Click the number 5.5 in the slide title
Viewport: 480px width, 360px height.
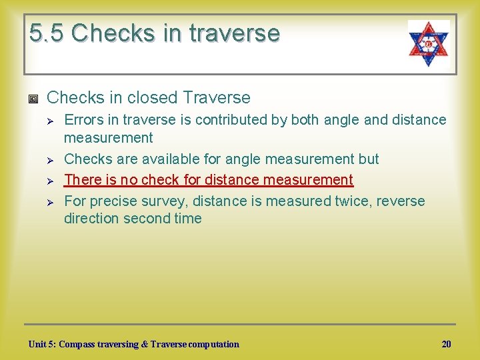coord(46,33)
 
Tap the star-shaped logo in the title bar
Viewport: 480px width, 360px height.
coord(429,43)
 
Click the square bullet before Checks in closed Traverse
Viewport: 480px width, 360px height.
coord(34,99)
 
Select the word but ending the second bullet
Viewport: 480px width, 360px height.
coord(368,159)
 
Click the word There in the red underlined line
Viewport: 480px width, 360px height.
coord(81,179)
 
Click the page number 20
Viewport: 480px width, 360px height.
coord(446,344)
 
